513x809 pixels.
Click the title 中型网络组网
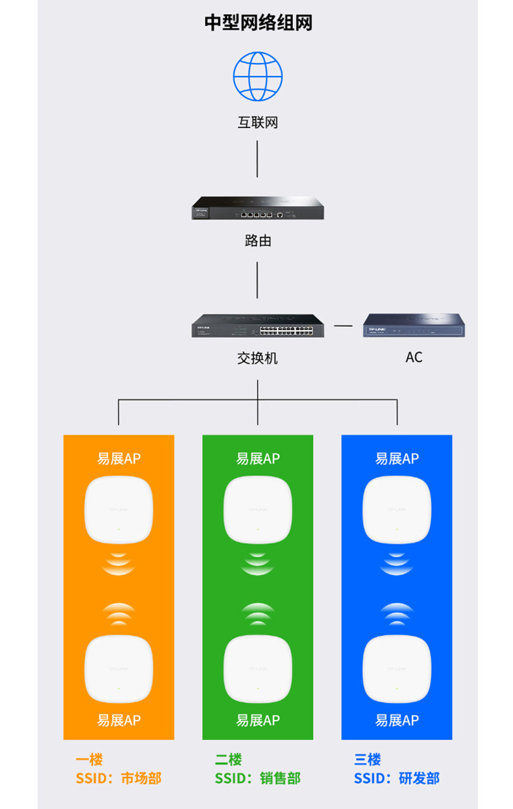tap(258, 23)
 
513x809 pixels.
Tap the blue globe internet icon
tap(258, 76)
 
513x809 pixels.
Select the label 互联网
tap(258, 122)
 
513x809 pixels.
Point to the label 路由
tap(258, 241)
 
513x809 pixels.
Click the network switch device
tap(258, 325)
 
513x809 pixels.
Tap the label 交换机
tap(258, 358)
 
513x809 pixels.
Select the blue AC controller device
tap(414, 325)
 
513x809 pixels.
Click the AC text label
tap(414, 357)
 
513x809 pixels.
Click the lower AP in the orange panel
tap(118, 669)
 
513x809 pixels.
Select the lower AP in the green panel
tap(258, 669)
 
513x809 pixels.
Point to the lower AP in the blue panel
tap(397, 669)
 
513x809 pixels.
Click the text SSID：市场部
tap(118, 778)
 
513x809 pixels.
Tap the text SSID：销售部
tap(258, 778)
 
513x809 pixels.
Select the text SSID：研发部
tap(397, 778)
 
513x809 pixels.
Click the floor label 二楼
tap(228, 760)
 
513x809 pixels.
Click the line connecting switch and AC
tap(343, 325)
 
